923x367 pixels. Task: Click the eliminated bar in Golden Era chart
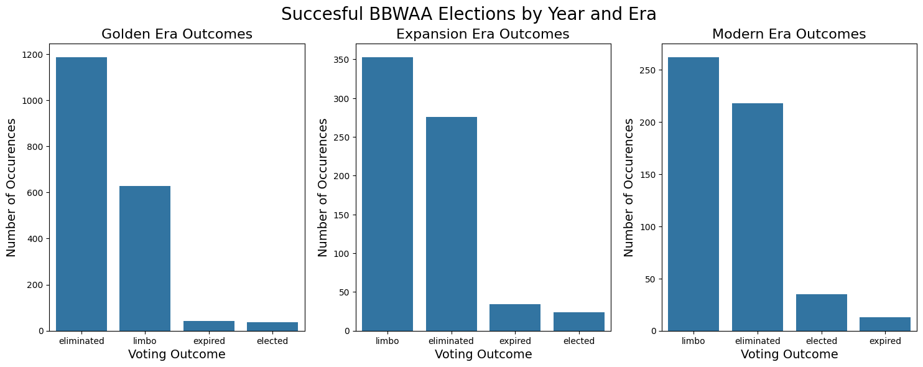[81, 194]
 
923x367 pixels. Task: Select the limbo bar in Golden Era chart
[145, 258]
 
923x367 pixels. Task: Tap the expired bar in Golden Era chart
[209, 326]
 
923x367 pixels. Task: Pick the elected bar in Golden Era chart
[272, 327]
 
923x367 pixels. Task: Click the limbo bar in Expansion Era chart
[387, 194]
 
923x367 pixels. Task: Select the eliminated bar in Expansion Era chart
[452, 224]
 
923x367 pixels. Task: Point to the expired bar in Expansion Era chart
[515, 317]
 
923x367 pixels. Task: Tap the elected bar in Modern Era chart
[821, 312]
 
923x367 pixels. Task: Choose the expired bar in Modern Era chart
[885, 324]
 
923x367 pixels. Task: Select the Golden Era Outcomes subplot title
[177, 35]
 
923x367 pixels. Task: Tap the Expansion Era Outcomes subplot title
[483, 35]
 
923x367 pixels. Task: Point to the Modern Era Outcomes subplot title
[789, 35]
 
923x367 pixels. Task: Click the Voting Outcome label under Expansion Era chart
[483, 355]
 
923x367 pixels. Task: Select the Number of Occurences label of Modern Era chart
[629, 187]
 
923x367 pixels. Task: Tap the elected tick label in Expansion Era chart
[579, 341]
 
